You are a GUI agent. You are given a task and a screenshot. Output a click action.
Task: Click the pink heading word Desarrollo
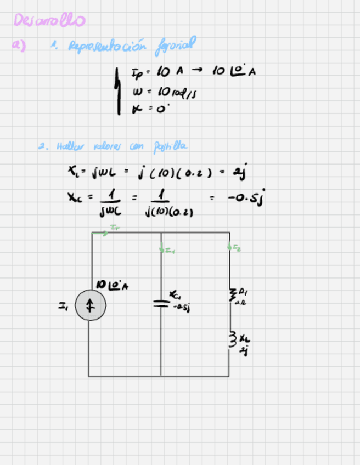tap(49, 20)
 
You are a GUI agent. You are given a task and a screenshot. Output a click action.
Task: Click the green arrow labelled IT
tap(101, 232)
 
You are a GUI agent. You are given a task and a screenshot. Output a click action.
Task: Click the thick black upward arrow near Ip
tap(118, 90)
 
